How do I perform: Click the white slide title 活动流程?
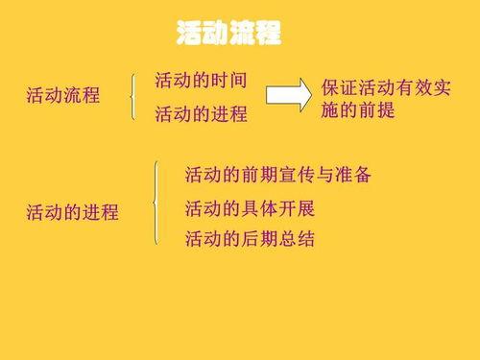click(229, 35)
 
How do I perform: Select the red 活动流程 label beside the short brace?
click(62, 96)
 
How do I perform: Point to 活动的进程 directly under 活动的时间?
click(201, 114)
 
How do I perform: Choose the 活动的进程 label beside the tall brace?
click(72, 212)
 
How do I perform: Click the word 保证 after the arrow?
click(339, 89)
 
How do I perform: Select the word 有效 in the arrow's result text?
click(412, 89)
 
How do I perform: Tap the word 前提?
click(375, 110)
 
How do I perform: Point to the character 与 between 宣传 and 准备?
click(315, 176)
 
